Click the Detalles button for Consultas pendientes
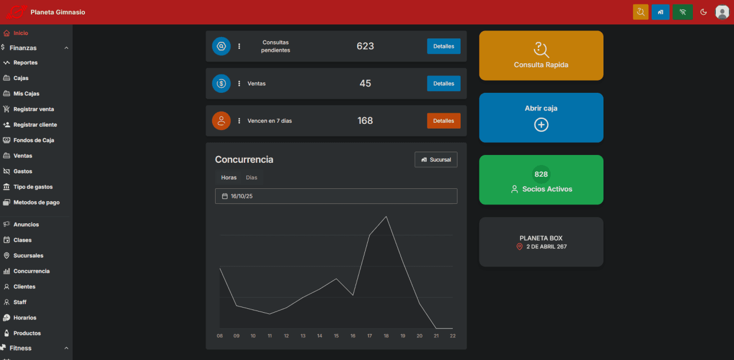pos(443,46)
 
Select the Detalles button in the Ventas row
pos(443,83)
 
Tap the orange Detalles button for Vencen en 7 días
pos(443,121)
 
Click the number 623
pos(365,46)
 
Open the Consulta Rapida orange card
pos(541,56)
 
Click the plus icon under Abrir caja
pos(541,125)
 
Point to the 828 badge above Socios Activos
pos(541,174)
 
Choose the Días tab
pos(252,178)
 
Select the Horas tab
pos(228,178)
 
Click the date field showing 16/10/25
pos(336,196)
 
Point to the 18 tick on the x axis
pos(386,336)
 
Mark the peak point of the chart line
pos(386,217)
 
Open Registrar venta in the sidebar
pos(33,109)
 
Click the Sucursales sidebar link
pos(28,256)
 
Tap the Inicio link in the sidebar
pos(21,33)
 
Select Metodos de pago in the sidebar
pos(36,203)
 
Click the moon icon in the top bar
pos(703,12)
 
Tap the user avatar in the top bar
pos(722,12)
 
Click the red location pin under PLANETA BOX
pos(520,247)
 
